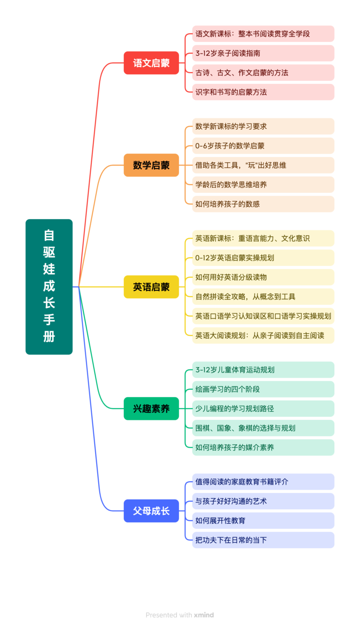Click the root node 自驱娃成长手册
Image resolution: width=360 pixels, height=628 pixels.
coord(49,287)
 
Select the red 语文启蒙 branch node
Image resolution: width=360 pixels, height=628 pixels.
coord(151,63)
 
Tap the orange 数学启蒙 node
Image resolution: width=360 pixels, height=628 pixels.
coord(151,165)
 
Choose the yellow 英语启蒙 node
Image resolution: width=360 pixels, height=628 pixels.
coord(151,287)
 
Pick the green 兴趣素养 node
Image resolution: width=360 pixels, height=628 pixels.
coord(151,408)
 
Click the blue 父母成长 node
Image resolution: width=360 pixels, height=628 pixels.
coord(151,511)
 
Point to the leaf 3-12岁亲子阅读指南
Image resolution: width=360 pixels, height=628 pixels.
coord(263,53)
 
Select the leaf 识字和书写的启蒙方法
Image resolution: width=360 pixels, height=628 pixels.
coord(263,92)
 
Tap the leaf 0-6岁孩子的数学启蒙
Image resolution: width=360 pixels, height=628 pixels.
coord(263,146)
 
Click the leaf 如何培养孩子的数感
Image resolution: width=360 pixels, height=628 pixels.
coord(263,204)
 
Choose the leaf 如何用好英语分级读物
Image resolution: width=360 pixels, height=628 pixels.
coord(263,277)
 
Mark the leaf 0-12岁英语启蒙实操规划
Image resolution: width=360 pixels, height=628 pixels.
coord(263,258)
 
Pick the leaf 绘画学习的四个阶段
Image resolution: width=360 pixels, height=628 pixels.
coord(263,389)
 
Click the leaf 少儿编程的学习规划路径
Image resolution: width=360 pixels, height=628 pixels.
coord(263,408)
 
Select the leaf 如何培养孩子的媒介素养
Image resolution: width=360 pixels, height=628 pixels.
coord(263,447)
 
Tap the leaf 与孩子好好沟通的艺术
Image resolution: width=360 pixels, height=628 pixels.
coord(263,501)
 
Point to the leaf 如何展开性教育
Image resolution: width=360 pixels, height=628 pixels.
coord(263,520)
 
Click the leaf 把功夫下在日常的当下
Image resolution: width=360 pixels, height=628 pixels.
coord(263,540)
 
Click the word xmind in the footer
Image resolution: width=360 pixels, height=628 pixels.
coord(204,615)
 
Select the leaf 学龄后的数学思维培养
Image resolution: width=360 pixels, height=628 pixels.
coord(263,185)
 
